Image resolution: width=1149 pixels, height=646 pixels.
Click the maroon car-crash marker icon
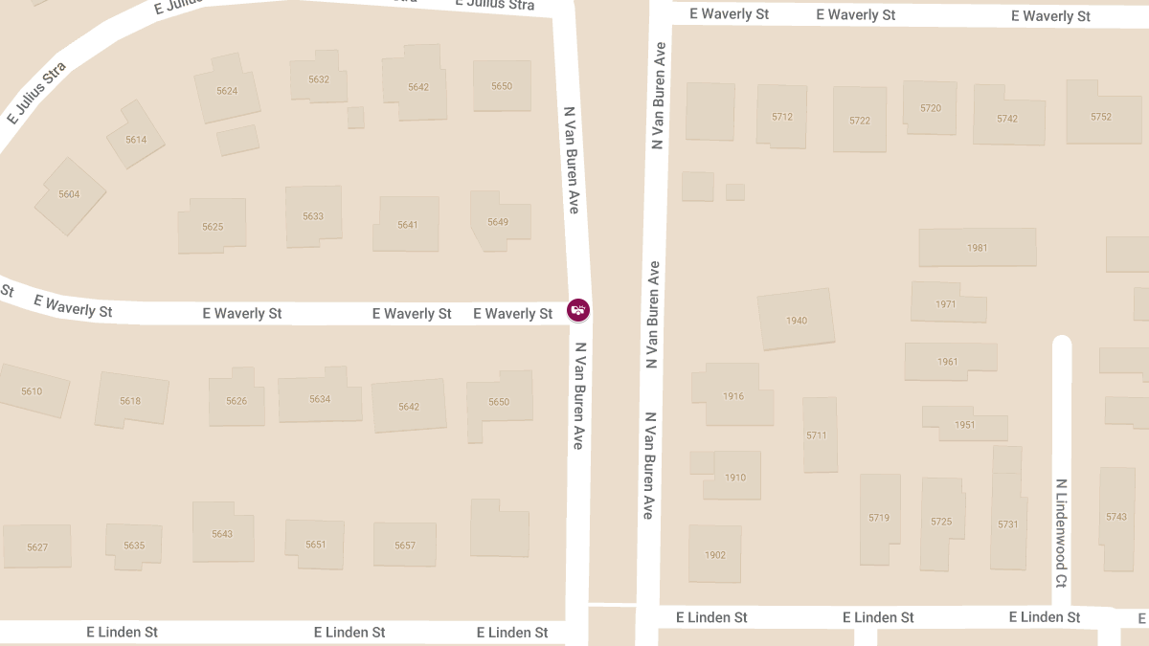click(x=578, y=310)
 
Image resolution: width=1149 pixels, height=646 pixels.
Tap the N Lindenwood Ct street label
click(x=1061, y=532)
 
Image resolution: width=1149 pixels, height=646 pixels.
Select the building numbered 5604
click(x=69, y=195)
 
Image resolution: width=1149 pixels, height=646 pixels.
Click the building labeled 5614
click(x=136, y=140)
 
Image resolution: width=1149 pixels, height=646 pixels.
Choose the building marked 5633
click(x=313, y=216)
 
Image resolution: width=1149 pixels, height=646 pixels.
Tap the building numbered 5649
click(x=497, y=222)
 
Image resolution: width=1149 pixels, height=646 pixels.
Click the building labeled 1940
click(x=796, y=321)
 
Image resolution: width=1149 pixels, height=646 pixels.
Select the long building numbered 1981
click(x=977, y=248)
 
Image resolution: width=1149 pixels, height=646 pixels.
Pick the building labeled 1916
click(x=733, y=396)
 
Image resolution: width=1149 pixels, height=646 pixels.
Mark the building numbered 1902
click(x=715, y=555)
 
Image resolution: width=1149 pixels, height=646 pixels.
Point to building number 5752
click(x=1101, y=117)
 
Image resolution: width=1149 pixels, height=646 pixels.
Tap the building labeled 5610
click(x=32, y=391)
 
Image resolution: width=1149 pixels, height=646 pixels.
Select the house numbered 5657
click(x=405, y=546)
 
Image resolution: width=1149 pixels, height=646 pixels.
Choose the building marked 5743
click(x=1116, y=517)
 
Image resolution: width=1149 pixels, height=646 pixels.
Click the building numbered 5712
click(x=782, y=117)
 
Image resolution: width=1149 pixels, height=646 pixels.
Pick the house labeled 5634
click(x=320, y=399)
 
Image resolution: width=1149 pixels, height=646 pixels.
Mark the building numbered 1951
click(x=965, y=425)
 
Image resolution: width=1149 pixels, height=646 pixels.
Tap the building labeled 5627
click(x=37, y=547)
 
